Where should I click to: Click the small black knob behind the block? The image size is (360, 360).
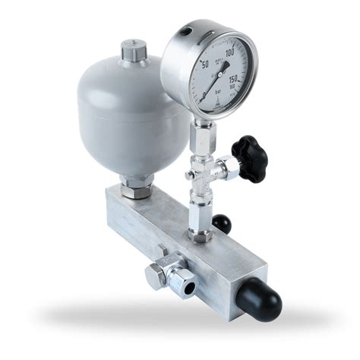tap(221, 223)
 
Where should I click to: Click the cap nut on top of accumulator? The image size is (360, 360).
tap(130, 54)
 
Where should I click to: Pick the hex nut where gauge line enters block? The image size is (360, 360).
tap(202, 235)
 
